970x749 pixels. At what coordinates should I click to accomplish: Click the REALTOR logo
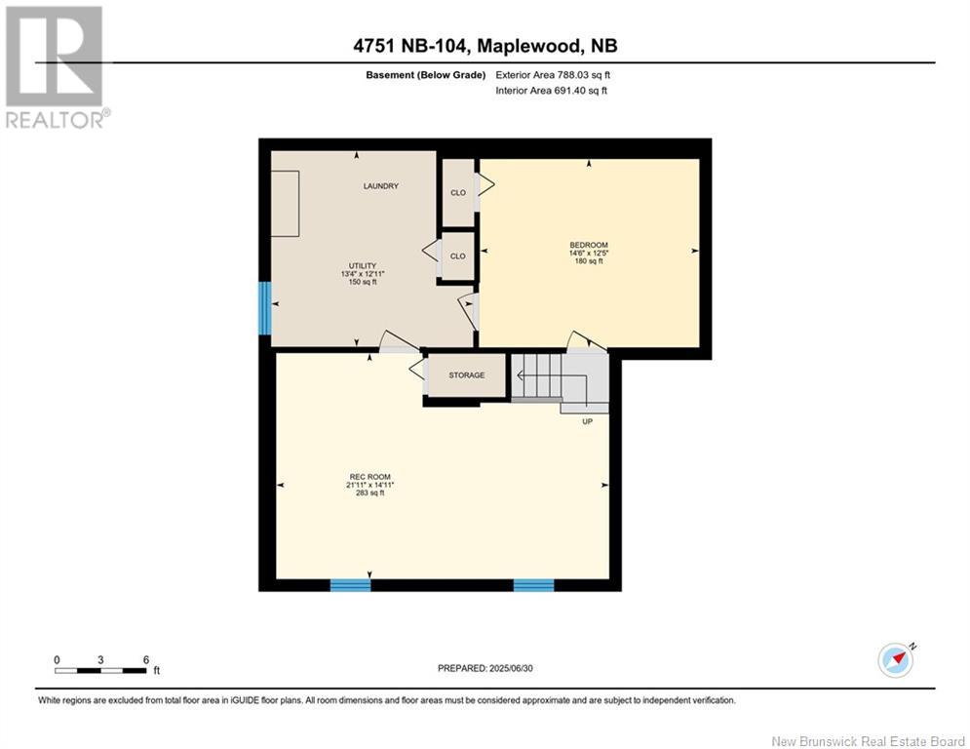pos(55,66)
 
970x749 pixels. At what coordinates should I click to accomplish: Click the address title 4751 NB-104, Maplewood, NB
pos(485,46)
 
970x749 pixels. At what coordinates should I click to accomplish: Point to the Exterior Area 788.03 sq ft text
pos(553,74)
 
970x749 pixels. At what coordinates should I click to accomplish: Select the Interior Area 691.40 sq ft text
pos(551,91)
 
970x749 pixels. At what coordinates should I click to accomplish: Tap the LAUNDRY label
pos(380,186)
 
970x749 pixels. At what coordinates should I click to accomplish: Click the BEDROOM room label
pos(589,245)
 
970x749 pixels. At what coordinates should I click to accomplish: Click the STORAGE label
pos(466,375)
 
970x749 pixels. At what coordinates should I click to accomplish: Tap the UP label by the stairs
pos(587,421)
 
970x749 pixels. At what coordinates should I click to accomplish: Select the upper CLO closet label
pos(457,192)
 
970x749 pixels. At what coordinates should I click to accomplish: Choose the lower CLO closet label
pos(457,256)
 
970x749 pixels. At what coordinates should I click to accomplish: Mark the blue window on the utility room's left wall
pos(263,308)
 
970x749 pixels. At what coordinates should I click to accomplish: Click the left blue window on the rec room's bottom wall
pos(350,585)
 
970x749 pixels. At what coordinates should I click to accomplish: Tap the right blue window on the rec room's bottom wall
pos(533,585)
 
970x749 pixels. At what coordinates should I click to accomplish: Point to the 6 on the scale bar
pos(145,659)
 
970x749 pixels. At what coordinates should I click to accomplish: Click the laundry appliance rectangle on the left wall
pos(285,203)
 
